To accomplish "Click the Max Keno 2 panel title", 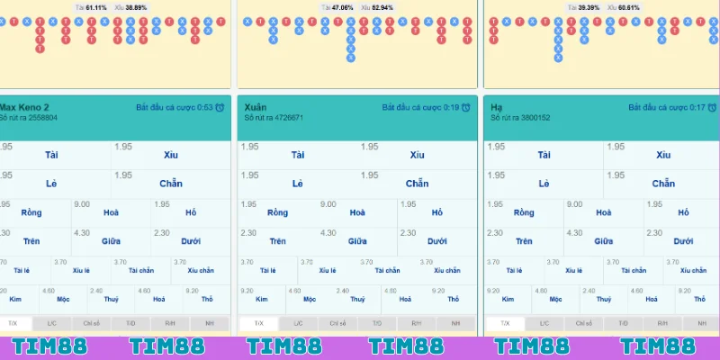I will (x=25, y=107).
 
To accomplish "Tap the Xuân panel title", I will (x=256, y=107).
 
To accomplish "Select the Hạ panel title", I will (x=497, y=107).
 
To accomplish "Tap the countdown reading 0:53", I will (x=204, y=107).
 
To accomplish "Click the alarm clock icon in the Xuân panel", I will (x=465, y=108).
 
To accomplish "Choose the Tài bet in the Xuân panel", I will (x=298, y=155).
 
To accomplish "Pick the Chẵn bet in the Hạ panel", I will (x=663, y=184).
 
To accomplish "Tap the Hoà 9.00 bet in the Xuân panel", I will (x=358, y=213).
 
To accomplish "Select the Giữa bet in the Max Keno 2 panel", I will (x=112, y=241).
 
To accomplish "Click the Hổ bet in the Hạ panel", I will (x=683, y=213).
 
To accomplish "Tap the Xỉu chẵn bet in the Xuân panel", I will (x=446, y=270).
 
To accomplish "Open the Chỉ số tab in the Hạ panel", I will (x=584, y=323).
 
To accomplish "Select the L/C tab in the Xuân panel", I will (x=298, y=323).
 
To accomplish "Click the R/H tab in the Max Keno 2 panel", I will (x=169, y=323).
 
